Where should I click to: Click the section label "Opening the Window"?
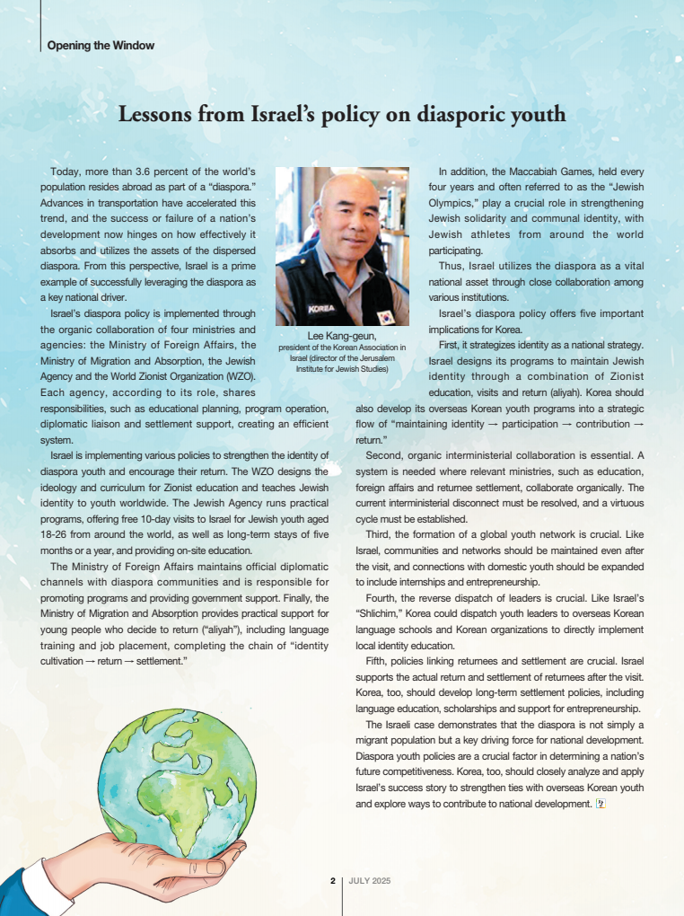pyautogui.click(x=101, y=46)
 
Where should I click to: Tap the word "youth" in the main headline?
pyautogui.click(x=536, y=114)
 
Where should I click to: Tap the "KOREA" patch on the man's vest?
pyautogui.click(x=320, y=309)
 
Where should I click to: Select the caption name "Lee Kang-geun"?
pyautogui.click(x=341, y=336)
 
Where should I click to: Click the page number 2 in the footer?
pyautogui.click(x=332, y=881)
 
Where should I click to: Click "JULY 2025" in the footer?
pyautogui.click(x=370, y=881)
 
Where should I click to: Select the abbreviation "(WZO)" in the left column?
pyautogui.click(x=240, y=376)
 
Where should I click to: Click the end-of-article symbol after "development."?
pyautogui.click(x=601, y=804)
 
